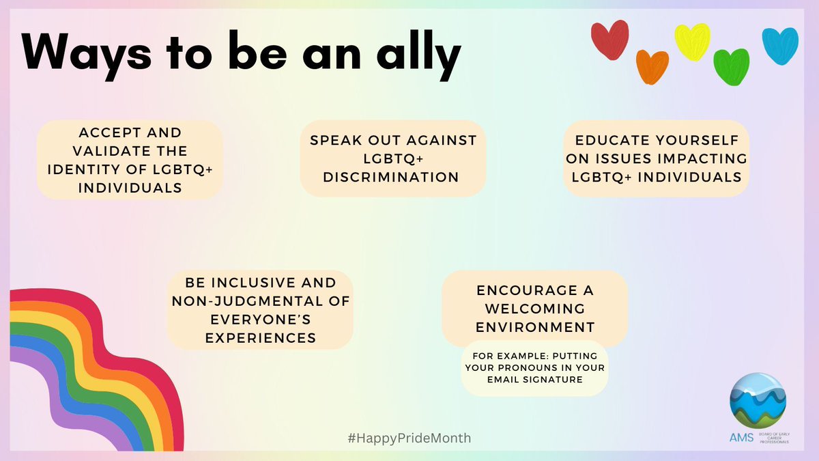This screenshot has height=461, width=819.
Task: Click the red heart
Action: (x=609, y=40)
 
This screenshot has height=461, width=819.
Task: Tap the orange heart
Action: (x=652, y=66)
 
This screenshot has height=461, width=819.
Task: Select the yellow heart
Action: (x=692, y=41)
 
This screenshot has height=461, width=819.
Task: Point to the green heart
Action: (x=731, y=66)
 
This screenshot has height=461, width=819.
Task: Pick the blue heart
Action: (x=779, y=45)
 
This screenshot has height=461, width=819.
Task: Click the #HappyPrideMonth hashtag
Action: (x=409, y=438)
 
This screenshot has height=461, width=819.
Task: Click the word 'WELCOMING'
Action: (x=534, y=308)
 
